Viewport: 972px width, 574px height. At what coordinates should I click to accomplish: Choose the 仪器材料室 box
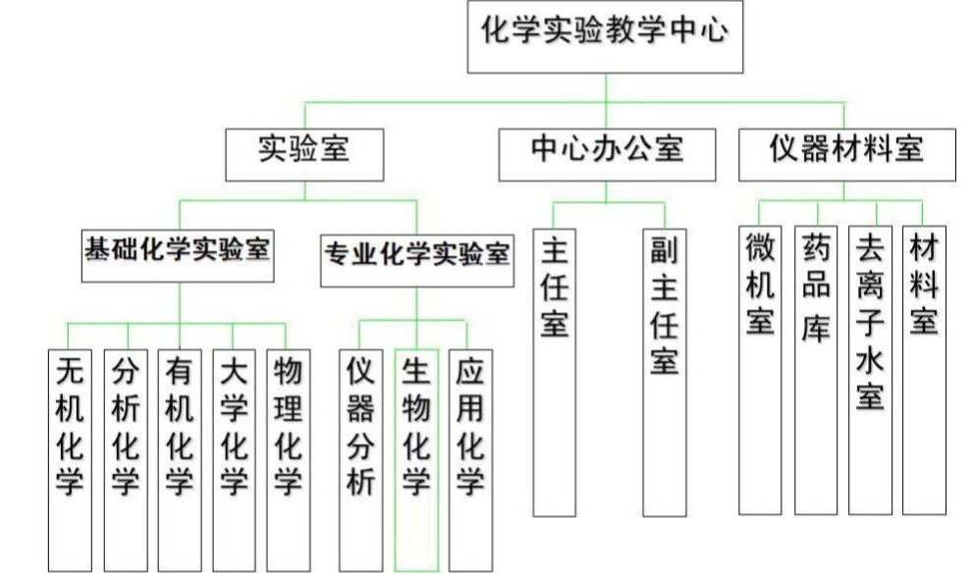click(x=846, y=152)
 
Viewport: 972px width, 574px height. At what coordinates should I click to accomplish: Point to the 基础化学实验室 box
click(x=178, y=255)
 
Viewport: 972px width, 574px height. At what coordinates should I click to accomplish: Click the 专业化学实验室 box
click(x=416, y=258)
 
